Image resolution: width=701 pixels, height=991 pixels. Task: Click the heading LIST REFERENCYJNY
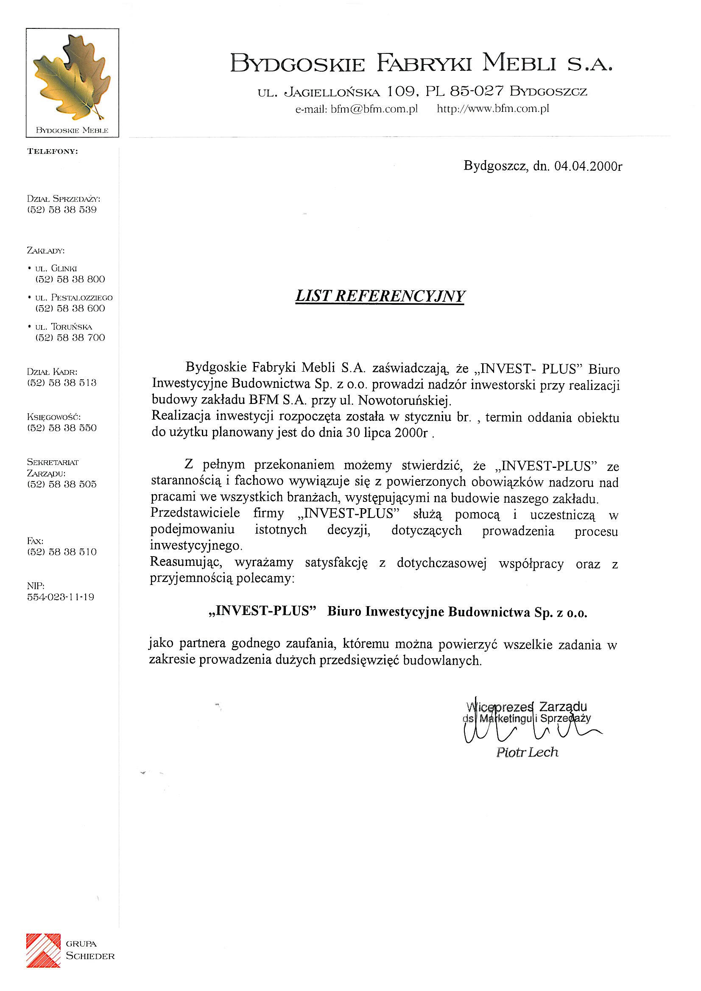[380, 297]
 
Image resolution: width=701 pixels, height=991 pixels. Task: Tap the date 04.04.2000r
[588, 167]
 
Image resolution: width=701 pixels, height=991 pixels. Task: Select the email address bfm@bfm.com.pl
[374, 109]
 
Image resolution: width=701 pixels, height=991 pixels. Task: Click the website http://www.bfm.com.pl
[493, 109]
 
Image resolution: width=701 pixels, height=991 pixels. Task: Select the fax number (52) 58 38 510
[62, 552]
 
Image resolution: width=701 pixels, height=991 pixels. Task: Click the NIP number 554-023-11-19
[61, 597]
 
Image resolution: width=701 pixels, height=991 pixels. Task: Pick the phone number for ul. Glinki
[70, 279]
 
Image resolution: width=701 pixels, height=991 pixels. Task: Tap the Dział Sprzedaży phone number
[62, 210]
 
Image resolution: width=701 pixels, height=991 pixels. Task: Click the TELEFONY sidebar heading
[53, 151]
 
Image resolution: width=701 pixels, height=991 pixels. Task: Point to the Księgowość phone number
[62, 428]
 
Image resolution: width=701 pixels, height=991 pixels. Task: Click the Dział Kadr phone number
[62, 383]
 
